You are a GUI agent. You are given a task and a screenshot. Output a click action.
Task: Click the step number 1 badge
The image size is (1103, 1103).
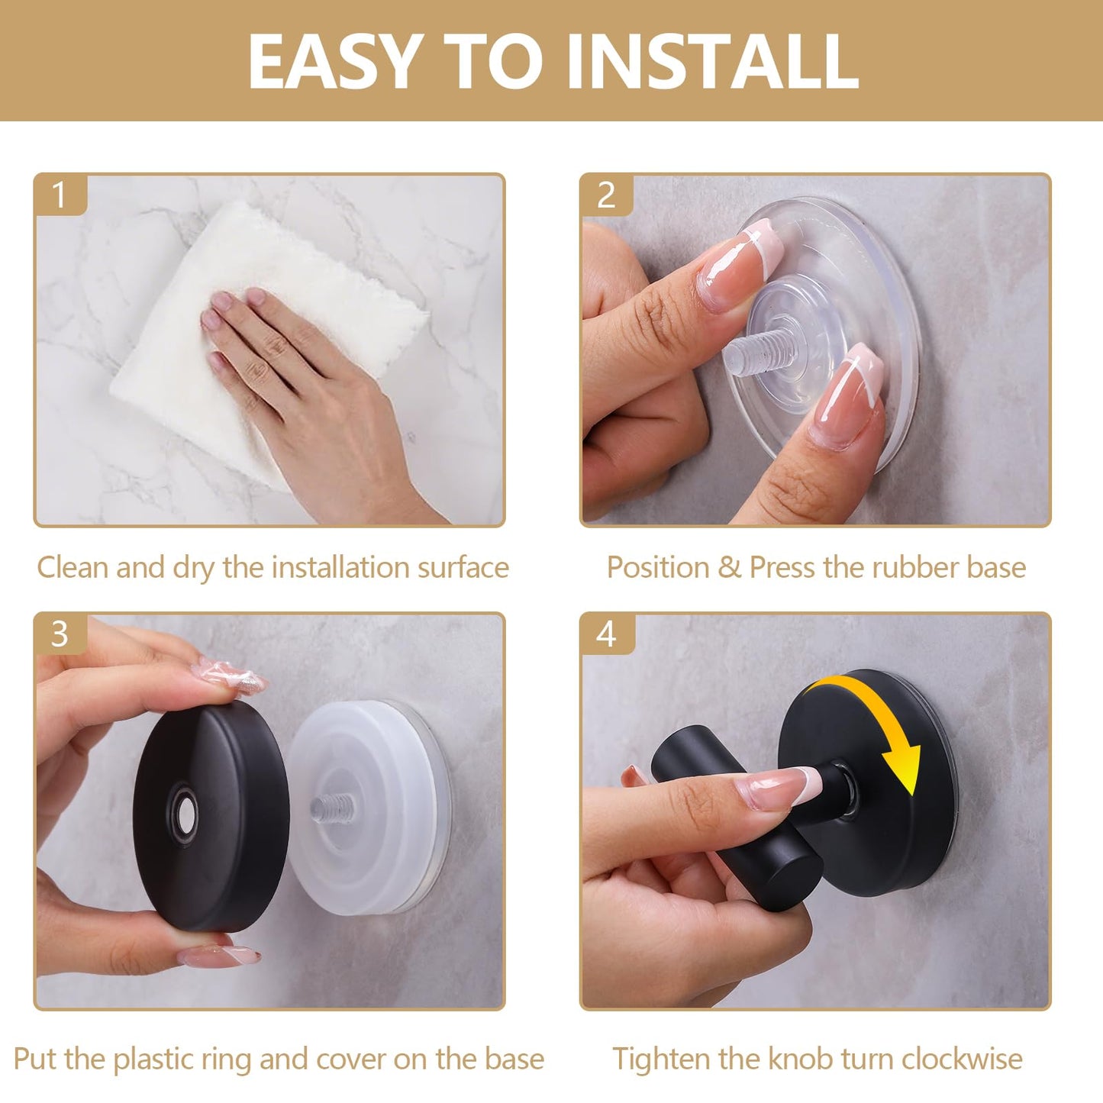[60, 195]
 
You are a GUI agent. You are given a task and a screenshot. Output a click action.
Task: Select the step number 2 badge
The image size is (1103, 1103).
[607, 195]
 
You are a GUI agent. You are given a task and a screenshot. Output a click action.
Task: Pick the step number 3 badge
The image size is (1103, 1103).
[60, 634]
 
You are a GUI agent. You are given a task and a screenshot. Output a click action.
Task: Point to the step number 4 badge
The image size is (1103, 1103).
[607, 634]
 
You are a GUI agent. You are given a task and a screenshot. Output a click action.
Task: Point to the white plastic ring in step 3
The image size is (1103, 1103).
[366, 806]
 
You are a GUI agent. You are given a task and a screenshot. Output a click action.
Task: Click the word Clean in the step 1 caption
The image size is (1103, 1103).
[73, 567]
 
